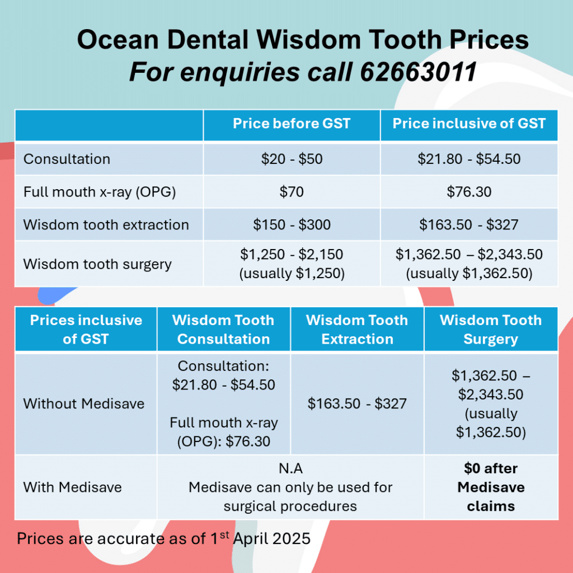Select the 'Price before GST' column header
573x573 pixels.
click(x=292, y=124)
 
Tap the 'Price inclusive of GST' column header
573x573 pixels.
click(x=469, y=124)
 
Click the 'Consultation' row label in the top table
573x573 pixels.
click(x=67, y=159)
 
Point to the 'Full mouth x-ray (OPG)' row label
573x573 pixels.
click(x=100, y=192)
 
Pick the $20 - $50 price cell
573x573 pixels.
click(x=292, y=159)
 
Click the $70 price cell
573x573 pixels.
click(x=292, y=192)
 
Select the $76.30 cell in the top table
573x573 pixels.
click(x=469, y=192)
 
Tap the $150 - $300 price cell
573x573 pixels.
click(x=292, y=225)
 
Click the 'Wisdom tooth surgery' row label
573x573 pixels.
click(x=97, y=264)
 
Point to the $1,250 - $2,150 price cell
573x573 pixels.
click(x=292, y=264)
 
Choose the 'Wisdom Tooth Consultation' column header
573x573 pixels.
click(x=223, y=330)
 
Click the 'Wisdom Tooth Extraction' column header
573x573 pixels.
click(x=357, y=330)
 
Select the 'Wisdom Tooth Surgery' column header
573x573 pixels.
click(x=491, y=330)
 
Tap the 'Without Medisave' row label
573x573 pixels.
click(x=83, y=403)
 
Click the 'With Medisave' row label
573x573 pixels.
click(x=72, y=487)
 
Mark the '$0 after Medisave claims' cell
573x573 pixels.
click(x=491, y=487)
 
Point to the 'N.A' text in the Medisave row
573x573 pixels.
click(x=290, y=468)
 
